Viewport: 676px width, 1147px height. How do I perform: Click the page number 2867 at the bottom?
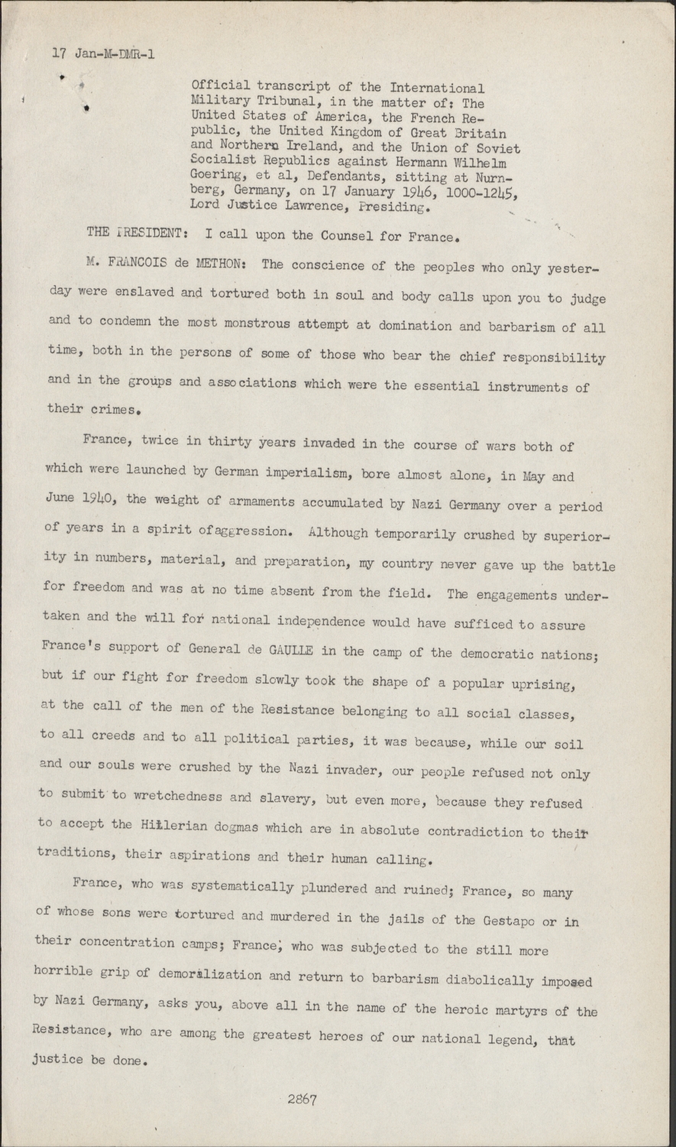point(302,1100)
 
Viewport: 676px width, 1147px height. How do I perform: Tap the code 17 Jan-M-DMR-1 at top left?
point(104,54)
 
